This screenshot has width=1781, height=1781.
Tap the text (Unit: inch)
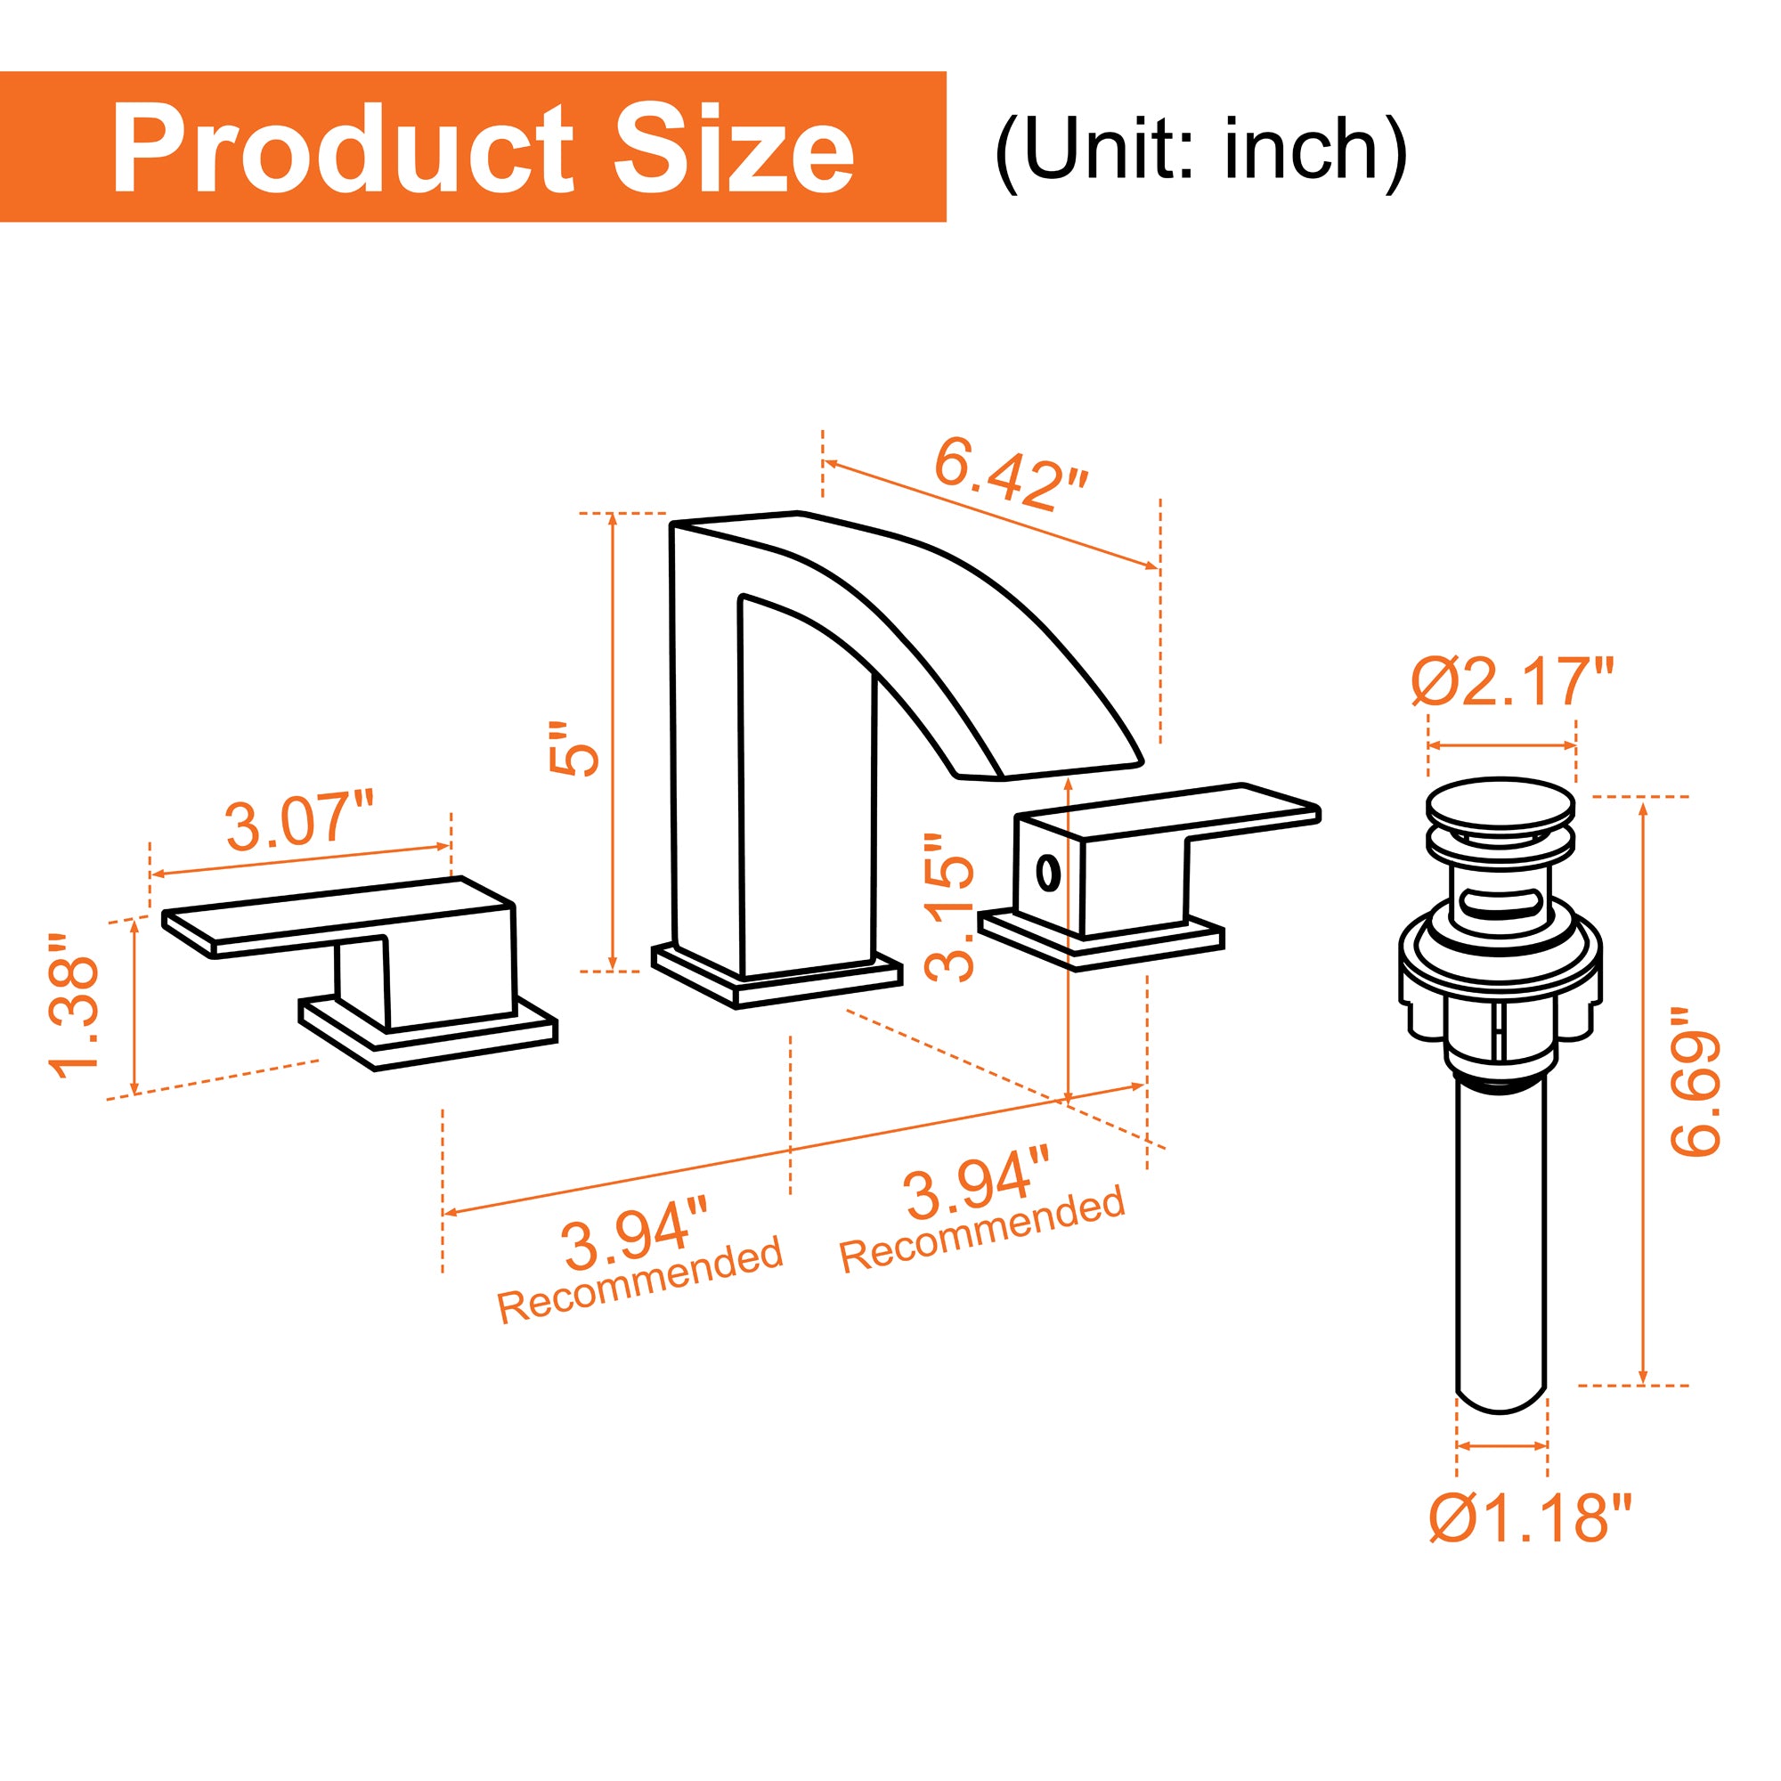pyautogui.click(x=1200, y=150)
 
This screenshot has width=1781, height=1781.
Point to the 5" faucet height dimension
pyautogui.click(x=573, y=749)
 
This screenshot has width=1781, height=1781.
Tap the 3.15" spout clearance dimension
pyautogui.click(x=949, y=907)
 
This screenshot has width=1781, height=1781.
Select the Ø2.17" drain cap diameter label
pyautogui.click(x=1512, y=681)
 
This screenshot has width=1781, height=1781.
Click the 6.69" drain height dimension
pyautogui.click(x=1695, y=1081)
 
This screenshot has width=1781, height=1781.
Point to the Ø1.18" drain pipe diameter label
pyautogui.click(x=1530, y=1518)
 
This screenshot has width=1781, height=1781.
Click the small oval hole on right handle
pyautogui.click(x=1047, y=871)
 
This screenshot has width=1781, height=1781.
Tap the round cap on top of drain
pyautogui.click(x=1500, y=804)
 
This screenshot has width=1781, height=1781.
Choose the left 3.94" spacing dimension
pyautogui.click(x=635, y=1242)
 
